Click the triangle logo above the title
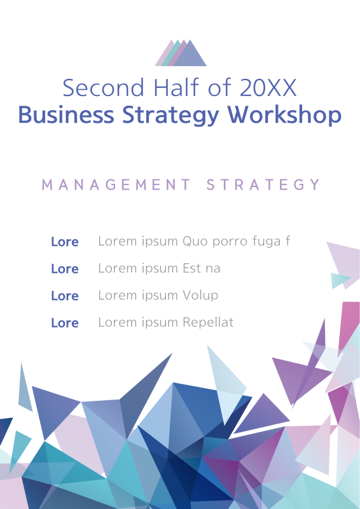[x=181, y=53]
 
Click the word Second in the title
[x=95, y=88]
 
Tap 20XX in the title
[x=268, y=88]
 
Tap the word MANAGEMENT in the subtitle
[x=116, y=185]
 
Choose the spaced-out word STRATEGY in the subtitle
[x=264, y=185]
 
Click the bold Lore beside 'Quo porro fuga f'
[x=64, y=242]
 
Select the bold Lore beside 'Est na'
[x=64, y=268]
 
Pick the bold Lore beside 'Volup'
[x=64, y=296]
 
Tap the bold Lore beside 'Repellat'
[x=64, y=323]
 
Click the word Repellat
[x=208, y=323]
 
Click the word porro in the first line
[x=228, y=242]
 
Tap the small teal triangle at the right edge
[x=340, y=280]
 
